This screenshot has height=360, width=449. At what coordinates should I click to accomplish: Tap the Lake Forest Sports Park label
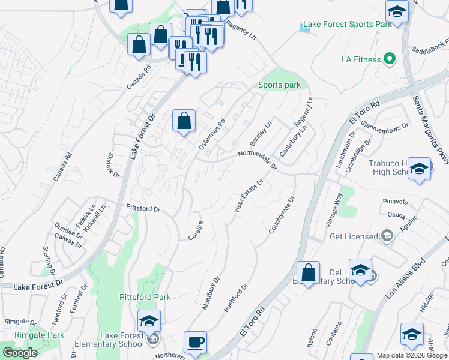(x=348, y=25)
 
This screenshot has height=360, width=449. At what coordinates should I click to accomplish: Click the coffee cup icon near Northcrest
(x=195, y=343)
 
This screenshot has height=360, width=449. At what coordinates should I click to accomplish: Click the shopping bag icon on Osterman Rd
(x=184, y=121)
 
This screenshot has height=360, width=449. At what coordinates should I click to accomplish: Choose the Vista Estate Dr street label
(x=249, y=197)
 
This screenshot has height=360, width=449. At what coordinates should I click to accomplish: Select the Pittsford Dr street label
(x=143, y=209)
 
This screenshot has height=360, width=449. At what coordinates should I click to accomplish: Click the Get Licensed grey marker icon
(x=388, y=236)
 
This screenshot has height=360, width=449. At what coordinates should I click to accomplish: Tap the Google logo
(x=20, y=353)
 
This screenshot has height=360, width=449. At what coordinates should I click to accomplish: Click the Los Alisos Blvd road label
(x=406, y=278)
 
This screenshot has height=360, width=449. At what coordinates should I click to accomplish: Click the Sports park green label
(x=279, y=85)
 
